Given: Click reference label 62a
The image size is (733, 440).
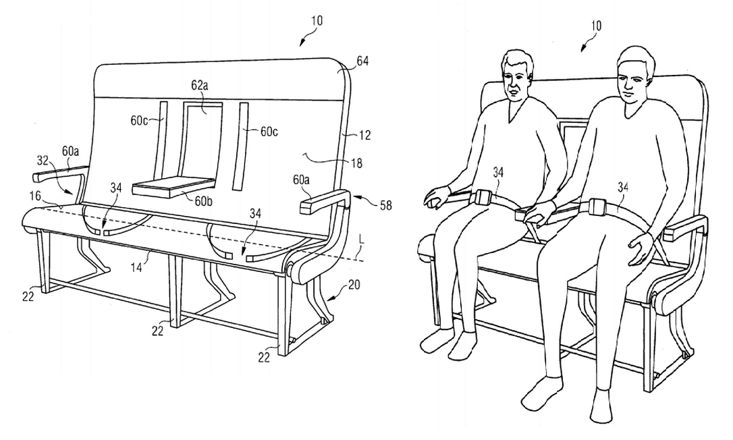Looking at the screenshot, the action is point(200,86).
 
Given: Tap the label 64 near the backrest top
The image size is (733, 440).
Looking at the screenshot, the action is point(362,61).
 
